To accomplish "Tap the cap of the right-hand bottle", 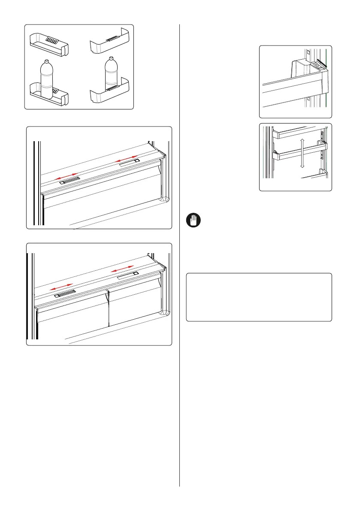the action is point(111,59).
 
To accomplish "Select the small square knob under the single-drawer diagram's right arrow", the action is point(136,161).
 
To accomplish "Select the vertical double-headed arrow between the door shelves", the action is point(303,152).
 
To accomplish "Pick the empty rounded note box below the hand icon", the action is point(259,297).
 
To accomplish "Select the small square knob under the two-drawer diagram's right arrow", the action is point(135,273).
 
